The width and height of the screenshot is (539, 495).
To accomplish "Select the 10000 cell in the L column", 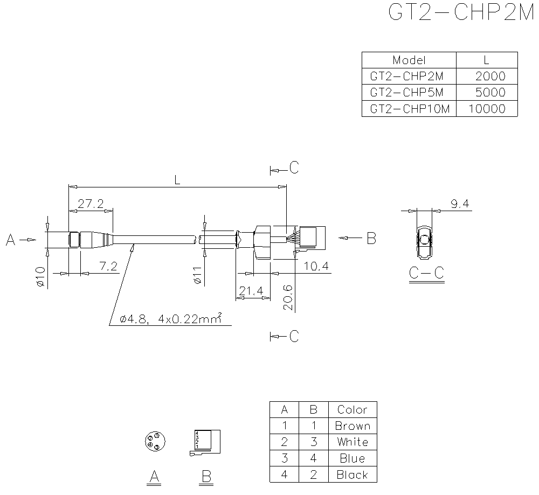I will (487, 109).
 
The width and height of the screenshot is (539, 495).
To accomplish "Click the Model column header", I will (409, 60).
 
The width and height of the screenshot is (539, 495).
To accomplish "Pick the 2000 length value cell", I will (487, 76).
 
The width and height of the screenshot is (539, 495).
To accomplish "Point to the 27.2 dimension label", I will (91, 204).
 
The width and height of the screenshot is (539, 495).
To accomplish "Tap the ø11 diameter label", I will (197, 275).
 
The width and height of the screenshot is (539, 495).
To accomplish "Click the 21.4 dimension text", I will (251, 291).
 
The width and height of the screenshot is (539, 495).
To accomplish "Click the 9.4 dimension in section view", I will (459, 204).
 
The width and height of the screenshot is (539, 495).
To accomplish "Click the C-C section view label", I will (426, 274).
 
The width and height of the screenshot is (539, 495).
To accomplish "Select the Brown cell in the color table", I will (352, 426).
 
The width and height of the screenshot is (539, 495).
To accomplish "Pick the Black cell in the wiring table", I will (352, 475).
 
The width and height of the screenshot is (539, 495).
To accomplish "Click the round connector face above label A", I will (154, 442).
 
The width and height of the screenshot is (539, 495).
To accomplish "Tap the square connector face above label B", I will (207, 441).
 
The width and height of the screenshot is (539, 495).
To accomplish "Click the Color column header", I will (352, 409).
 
